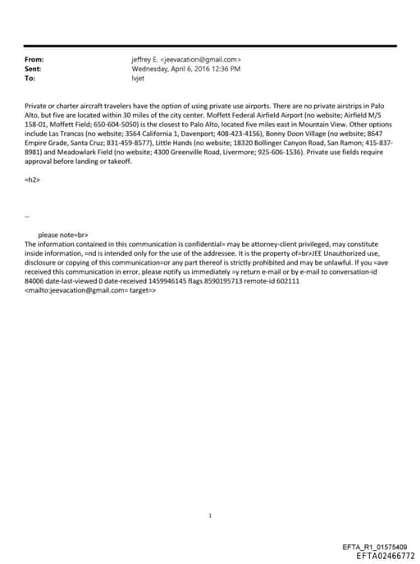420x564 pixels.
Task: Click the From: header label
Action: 34,60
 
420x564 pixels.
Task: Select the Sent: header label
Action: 34,70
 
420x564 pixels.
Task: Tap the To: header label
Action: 30,79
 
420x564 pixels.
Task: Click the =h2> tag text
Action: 34,178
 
